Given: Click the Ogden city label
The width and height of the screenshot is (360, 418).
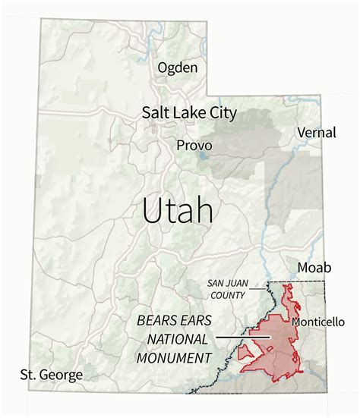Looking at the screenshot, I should (x=177, y=68).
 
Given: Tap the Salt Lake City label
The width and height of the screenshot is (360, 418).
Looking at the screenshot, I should (x=189, y=113).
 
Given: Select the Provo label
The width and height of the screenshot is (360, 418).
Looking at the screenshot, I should (x=192, y=144).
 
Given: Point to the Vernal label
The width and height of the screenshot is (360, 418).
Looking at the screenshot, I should (x=317, y=133).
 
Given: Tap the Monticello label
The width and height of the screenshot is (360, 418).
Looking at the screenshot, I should (x=315, y=322).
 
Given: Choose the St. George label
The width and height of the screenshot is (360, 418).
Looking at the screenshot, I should (x=52, y=375).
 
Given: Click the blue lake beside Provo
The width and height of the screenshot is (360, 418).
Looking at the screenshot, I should (x=204, y=159).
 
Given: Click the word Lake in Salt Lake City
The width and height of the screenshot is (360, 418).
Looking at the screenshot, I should (x=188, y=113).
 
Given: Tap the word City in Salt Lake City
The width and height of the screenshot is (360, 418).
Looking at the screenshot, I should (x=222, y=113).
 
